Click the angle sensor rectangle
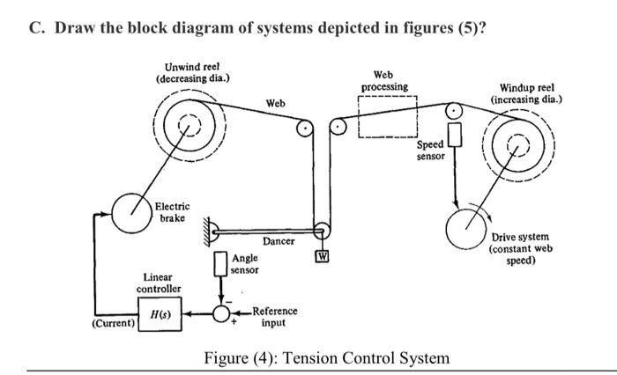220,264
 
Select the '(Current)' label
114,324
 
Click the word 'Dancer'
279,241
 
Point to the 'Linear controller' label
159,283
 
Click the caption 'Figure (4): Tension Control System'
326,358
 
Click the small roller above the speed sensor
453,112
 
